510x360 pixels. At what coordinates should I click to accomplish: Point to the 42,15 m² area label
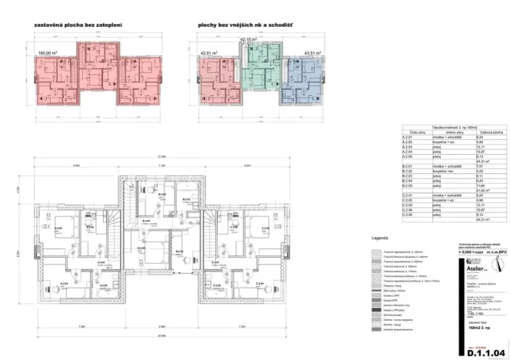248,38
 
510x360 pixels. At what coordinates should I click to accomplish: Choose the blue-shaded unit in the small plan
302,85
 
